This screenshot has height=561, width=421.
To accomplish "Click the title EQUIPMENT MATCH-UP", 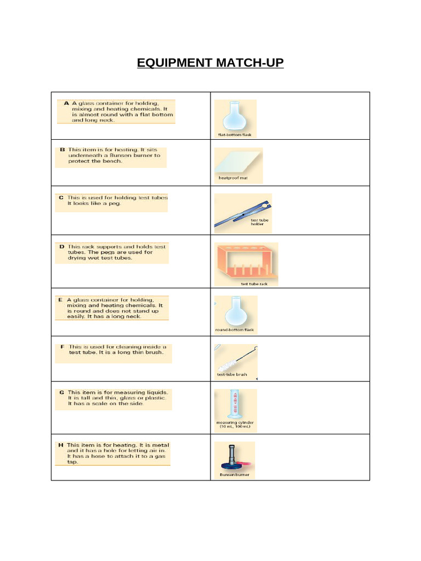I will click(x=210, y=62).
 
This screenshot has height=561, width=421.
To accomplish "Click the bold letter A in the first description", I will click(x=66, y=103).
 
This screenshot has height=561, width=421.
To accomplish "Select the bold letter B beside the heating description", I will click(x=62, y=149).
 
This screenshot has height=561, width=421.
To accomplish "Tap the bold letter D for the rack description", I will click(x=62, y=247).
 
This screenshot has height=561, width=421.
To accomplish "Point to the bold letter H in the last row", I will click(x=61, y=445).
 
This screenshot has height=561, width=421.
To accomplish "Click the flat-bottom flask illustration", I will click(x=232, y=116).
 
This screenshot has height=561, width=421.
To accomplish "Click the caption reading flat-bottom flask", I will click(x=235, y=135).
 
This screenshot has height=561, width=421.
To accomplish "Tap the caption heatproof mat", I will click(x=232, y=178).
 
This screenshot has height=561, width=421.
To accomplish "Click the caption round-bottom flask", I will click(x=235, y=330).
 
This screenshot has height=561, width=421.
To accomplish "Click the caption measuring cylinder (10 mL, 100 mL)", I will click(x=235, y=425).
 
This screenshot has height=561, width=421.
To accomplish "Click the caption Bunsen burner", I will click(x=234, y=475).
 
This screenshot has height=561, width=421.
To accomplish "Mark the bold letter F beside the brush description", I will click(x=62, y=347).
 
